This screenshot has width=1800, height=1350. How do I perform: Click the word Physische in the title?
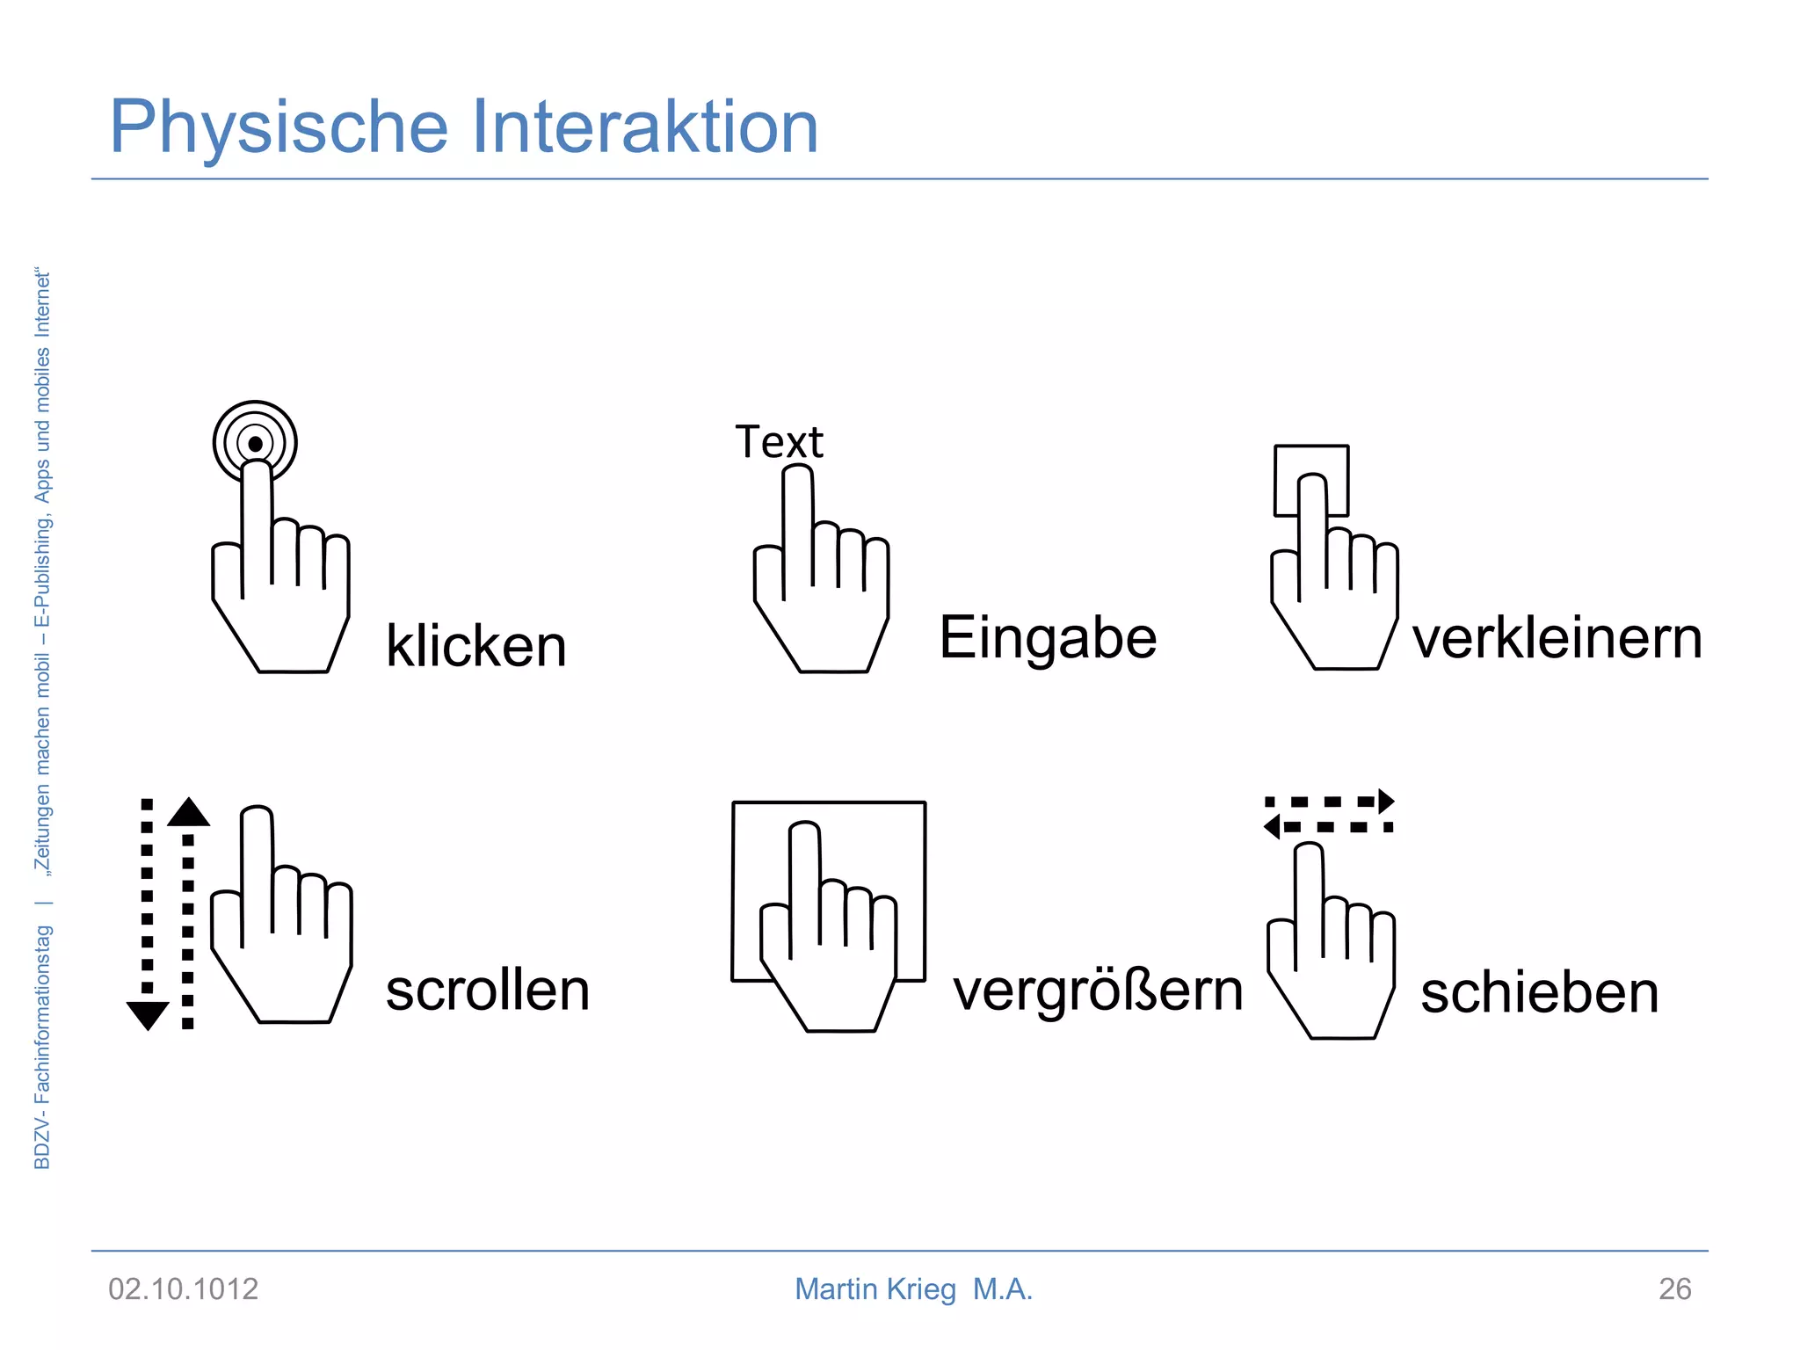click(279, 128)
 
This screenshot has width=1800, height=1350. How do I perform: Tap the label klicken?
click(475, 646)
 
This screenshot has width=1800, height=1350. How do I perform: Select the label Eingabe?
click(1048, 638)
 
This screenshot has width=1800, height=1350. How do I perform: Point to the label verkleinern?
click(1557, 638)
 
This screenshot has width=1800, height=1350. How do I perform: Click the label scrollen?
click(487, 991)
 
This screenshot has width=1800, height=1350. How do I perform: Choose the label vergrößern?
click(1098, 991)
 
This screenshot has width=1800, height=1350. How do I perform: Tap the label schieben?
click(1539, 993)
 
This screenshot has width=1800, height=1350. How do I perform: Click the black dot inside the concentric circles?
click(255, 444)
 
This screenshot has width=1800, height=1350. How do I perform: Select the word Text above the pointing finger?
click(779, 442)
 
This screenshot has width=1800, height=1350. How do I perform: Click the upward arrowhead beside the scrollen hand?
click(188, 812)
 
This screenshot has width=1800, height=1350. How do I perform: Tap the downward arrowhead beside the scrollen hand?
click(148, 1014)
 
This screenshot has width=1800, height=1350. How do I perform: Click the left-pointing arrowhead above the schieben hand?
click(1272, 826)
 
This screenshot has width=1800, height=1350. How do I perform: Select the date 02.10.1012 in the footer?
click(183, 1289)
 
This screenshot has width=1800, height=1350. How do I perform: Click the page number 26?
click(1674, 1289)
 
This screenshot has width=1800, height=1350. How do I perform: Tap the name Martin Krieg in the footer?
click(875, 1289)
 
